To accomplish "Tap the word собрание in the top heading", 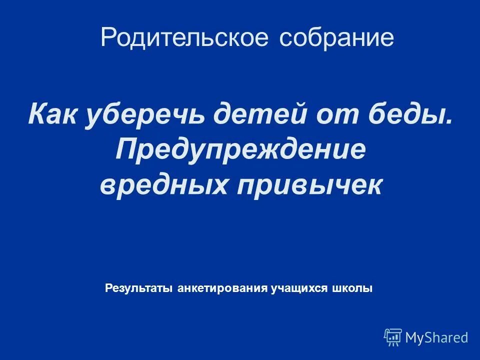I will (x=336, y=38).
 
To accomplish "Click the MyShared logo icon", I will (x=393, y=337).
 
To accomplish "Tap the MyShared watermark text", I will (x=436, y=337).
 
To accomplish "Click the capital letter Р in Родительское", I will (x=108, y=38).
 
